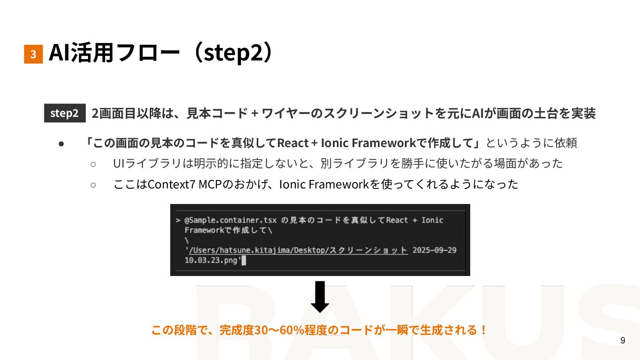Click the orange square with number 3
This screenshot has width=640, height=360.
pos(33,54)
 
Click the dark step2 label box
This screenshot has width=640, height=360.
pos(64,113)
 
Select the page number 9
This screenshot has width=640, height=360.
pos(623,341)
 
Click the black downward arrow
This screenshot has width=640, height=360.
pos(320,297)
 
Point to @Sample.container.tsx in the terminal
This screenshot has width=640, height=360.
pos(231,220)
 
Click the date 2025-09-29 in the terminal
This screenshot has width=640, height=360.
pos(434,250)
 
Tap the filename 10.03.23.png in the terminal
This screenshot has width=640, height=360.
pos(212,260)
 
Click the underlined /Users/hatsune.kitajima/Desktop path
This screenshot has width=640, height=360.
pos(259,250)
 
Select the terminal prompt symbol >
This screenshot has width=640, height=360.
pos(177,220)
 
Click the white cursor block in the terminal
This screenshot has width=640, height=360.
pos(244,261)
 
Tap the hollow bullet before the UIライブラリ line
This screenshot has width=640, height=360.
pos(93,164)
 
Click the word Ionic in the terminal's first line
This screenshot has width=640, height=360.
pos(432,220)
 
